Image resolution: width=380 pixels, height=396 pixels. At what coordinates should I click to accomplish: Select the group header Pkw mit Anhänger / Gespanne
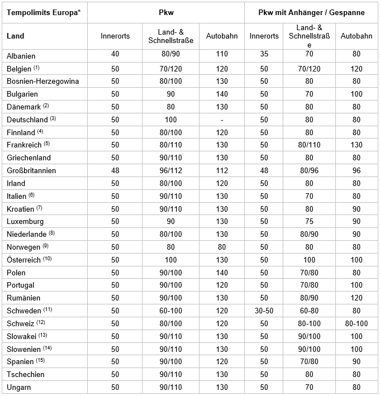312,12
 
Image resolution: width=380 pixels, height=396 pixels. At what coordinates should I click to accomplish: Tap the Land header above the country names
16,36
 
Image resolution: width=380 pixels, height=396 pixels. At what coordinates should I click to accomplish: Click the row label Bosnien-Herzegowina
42,81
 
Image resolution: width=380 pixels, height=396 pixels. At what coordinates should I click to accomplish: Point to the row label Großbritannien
31,170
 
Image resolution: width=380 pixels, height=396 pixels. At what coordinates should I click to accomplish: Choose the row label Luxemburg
25,221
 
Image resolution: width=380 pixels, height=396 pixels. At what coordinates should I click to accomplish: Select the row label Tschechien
26,374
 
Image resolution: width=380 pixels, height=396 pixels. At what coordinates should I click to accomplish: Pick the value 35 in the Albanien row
264,55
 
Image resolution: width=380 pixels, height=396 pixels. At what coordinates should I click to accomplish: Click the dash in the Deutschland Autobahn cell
222,120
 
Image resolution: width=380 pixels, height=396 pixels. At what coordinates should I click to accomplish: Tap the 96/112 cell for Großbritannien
170,170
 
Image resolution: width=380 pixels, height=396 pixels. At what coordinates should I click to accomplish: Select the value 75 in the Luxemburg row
309,221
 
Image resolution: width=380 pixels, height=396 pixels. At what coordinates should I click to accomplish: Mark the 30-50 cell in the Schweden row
264,311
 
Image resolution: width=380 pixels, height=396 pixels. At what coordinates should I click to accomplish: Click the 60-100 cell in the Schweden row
170,311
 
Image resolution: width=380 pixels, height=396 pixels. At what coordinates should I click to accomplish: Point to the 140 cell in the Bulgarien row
222,94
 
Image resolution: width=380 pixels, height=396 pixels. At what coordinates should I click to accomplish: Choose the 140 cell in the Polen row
222,273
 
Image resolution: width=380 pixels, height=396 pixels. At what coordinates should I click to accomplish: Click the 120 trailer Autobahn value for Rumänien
357,298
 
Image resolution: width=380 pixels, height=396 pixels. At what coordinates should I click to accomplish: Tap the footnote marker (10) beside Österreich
47,259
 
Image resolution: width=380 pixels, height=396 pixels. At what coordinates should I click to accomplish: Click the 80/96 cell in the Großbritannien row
309,170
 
